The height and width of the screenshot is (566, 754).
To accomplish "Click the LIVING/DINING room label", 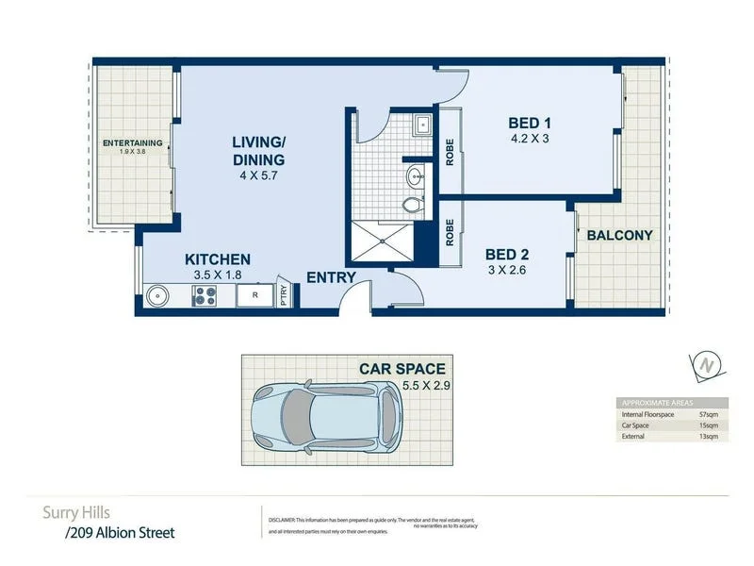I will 258,150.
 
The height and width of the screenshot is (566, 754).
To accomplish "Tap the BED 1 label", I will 529,123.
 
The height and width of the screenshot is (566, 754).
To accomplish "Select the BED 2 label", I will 505,254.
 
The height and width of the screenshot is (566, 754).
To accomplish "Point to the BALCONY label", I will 619,235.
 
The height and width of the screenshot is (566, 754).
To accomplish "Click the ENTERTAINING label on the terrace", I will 132,143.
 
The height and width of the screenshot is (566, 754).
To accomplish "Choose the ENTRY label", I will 331,277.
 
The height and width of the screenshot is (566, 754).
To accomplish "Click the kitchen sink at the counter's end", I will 157,296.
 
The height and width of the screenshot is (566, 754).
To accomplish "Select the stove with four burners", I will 205,296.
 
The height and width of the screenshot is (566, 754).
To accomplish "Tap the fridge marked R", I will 254,296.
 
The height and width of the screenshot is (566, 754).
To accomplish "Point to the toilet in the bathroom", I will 412,203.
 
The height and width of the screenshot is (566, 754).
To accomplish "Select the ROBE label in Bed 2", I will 451,233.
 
